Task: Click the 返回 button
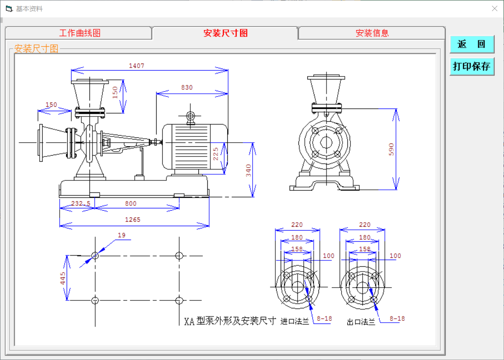pos(472,44)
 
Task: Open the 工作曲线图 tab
pos(80,33)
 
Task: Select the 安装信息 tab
pos(372,33)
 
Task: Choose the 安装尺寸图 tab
pos(225,33)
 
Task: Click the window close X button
pos(494,8)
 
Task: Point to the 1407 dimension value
pos(137,66)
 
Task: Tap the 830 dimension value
pos(187,88)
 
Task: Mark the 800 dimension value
pos(130,204)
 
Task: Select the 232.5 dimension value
pos(81,204)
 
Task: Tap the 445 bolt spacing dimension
pos(63,278)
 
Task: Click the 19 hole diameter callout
pos(121,235)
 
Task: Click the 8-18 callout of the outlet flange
pos(397,319)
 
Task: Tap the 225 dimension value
pos(216,154)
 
